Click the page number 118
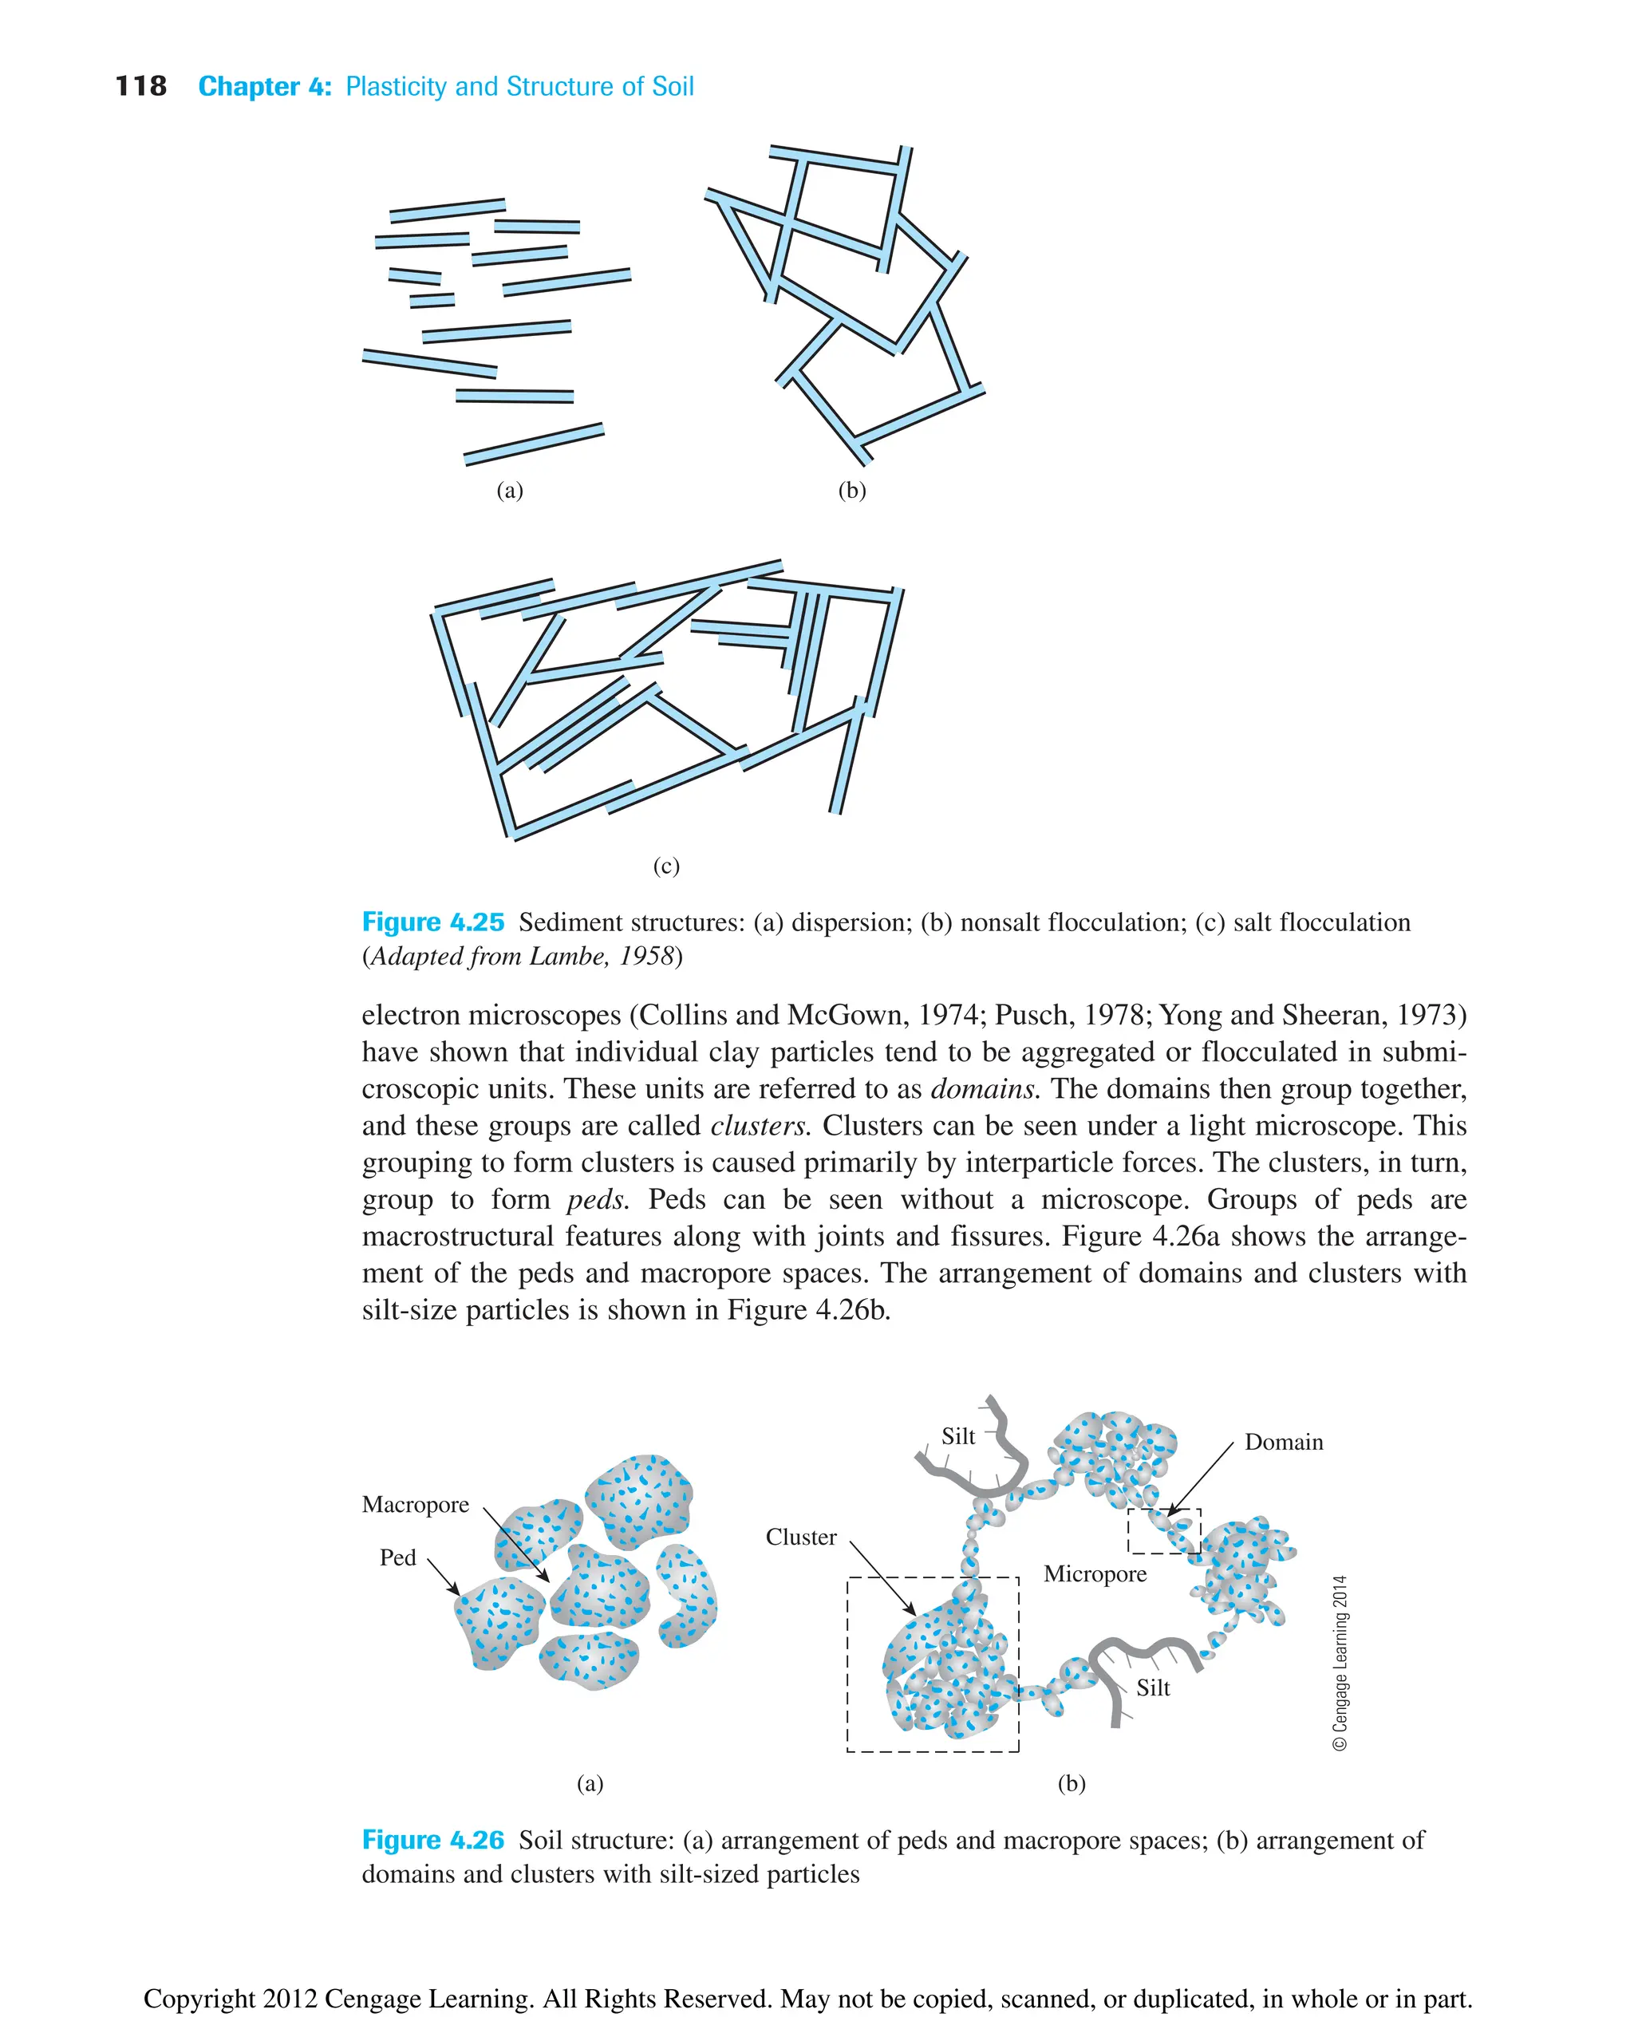point(141,87)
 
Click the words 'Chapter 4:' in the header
point(265,87)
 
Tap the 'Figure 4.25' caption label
point(433,922)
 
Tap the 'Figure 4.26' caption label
point(433,1839)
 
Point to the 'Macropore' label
point(415,1504)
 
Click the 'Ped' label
point(397,1558)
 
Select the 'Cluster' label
point(801,1537)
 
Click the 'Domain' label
point(1284,1442)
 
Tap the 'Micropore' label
point(1095,1574)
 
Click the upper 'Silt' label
point(958,1436)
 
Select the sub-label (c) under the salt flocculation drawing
point(666,866)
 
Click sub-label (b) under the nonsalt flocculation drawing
point(852,491)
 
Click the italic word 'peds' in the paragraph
point(598,1200)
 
